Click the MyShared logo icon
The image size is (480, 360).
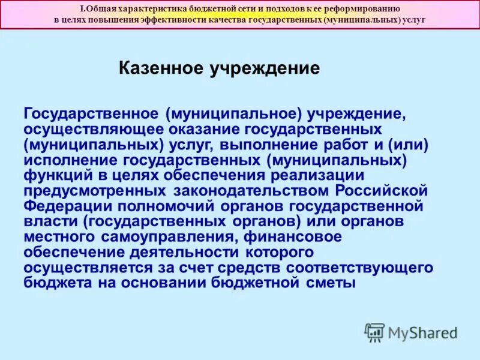(x=374, y=332)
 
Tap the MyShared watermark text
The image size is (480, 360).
(x=422, y=332)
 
